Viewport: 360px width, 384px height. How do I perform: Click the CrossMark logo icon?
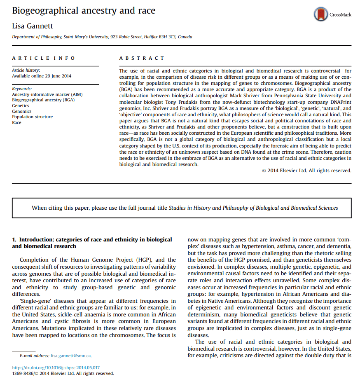tap(321, 14)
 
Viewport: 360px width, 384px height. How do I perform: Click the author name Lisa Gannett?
tap(33, 26)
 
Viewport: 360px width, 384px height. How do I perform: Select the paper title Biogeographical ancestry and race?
tap(84, 10)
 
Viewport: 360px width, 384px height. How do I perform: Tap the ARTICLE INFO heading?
tap(44, 58)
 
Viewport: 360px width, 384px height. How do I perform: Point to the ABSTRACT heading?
tap(142, 58)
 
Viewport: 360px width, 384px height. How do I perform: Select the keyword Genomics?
tap(22, 111)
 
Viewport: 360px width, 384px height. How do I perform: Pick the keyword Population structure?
tap(33, 117)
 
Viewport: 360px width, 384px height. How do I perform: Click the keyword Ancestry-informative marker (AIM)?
tap(47, 94)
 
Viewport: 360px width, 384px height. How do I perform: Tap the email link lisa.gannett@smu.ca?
tap(71, 355)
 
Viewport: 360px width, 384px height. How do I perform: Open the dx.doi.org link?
tap(56, 368)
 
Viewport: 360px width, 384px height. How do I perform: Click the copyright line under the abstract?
tap(306, 171)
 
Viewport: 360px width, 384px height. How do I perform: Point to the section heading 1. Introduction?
tap(92, 243)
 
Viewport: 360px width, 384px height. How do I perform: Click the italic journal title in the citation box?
tap(253, 208)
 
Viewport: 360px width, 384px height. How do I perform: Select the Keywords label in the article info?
tap(22, 89)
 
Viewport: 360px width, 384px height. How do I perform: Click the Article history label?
tap(26, 70)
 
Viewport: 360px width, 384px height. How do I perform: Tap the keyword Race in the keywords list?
tap(16, 122)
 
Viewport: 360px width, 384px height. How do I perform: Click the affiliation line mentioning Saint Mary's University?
tap(102, 37)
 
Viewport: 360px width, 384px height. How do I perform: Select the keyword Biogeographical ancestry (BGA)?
tap(43, 100)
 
